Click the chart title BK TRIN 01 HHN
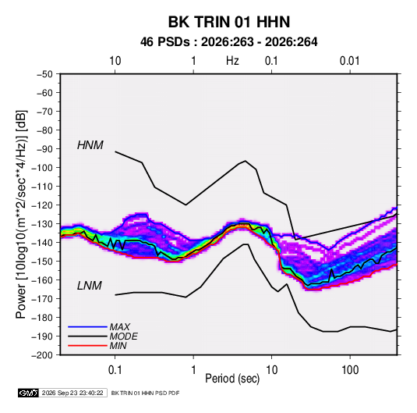point(229,22)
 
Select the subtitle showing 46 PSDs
point(228,42)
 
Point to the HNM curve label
point(90,145)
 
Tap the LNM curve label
point(90,286)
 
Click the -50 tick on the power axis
point(44,74)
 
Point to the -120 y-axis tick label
point(42,205)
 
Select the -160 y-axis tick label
point(42,280)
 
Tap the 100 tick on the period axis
point(350,370)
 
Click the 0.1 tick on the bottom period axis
point(115,370)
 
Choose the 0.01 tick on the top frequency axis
point(349,61)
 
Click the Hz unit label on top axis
point(232,61)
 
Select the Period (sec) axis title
point(232,379)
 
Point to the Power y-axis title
point(21,214)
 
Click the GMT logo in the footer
point(28,393)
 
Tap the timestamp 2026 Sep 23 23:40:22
point(72,393)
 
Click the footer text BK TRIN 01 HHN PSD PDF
point(145,393)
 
